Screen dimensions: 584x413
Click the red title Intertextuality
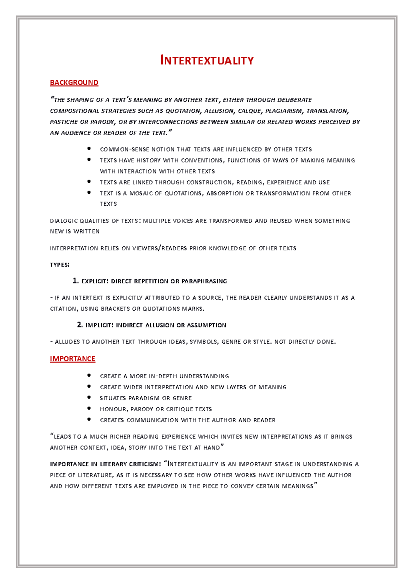pos(207,61)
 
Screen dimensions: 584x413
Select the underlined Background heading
pos(74,83)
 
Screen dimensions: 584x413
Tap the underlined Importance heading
pos(72,359)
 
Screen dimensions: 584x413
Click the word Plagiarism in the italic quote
pos(284,111)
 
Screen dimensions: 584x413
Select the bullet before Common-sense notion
pos(89,149)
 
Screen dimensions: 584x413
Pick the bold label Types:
pos(60,265)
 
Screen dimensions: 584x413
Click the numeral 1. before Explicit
pos(76,281)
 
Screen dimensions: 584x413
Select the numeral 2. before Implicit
pos(80,325)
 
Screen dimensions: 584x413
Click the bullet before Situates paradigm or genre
pos(89,398)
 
